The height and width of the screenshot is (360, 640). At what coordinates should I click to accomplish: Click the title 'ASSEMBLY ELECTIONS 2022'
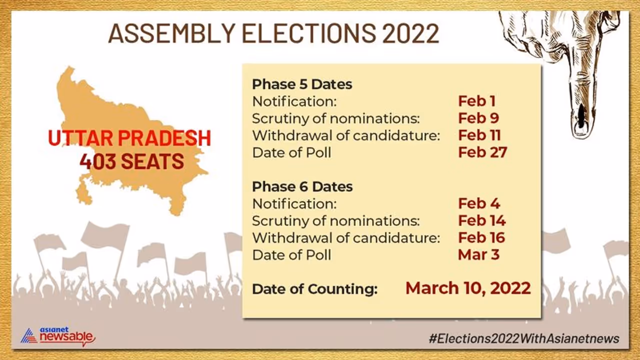(x=273, y=33)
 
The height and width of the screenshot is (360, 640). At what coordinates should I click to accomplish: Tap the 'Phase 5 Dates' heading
(x=302, y=84)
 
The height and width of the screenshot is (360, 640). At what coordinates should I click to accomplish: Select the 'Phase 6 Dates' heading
(x=302, y=186)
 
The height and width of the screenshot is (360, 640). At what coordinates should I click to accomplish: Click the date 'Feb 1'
(x=477, y=101)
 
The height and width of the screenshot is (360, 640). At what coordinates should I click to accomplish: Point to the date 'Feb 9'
(x=478, y=118)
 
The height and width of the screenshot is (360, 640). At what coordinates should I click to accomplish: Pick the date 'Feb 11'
(x=479, y=135)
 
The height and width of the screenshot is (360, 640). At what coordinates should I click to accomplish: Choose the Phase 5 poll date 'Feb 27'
(x=482, y=152)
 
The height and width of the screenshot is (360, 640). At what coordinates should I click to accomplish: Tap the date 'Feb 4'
(x=479, y=203)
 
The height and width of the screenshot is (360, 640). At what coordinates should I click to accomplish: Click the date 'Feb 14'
(x=482, y=220)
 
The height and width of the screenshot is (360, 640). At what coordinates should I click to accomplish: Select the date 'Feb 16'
(x=481, y=237)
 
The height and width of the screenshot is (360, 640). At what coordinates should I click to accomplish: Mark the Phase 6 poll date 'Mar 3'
(x=479, y=254)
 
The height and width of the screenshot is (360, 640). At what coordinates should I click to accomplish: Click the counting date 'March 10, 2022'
(x=468, y=288)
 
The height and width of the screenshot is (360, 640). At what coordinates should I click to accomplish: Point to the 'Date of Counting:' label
(x=315, y=289)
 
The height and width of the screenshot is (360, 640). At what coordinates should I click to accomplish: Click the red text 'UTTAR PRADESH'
(x=129, y=138)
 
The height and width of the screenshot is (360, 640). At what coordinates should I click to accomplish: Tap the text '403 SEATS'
(x=131, y=161)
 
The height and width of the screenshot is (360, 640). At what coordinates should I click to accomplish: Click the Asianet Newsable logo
(x=58, y=336)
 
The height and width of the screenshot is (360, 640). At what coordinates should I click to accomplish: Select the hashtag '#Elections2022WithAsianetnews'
(x=524, y=338)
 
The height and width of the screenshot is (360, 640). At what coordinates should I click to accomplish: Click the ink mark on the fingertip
(x=581, y=115)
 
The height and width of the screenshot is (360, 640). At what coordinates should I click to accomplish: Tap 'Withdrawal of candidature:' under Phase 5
(x=346, y=135)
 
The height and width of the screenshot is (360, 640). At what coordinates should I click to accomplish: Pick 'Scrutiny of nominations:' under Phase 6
(x=336, y=221)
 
